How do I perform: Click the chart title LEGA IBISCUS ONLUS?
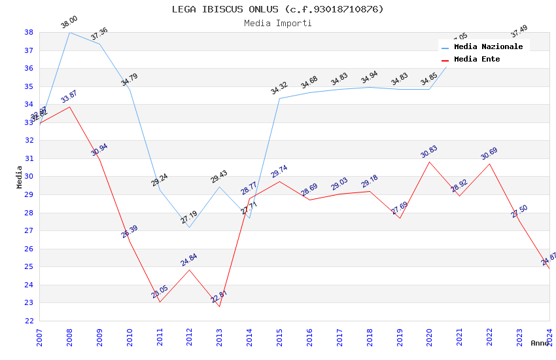coord(277,9)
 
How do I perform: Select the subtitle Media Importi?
coord(277,23)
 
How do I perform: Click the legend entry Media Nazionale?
coord(488,46)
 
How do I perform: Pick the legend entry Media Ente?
coord(477,59)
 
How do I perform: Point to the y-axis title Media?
coord(20,177)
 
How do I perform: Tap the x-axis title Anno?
coord(540,343)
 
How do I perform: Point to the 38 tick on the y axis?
coord(29,32)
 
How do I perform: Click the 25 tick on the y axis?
coord(29,267)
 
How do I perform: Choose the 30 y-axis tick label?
coord(29,177)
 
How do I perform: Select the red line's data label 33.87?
coord(69,98)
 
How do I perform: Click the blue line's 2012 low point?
coord(189,227)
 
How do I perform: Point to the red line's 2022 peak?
coord(489,164)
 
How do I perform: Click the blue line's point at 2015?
coord(279,99)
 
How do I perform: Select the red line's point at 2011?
coord(160,302)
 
